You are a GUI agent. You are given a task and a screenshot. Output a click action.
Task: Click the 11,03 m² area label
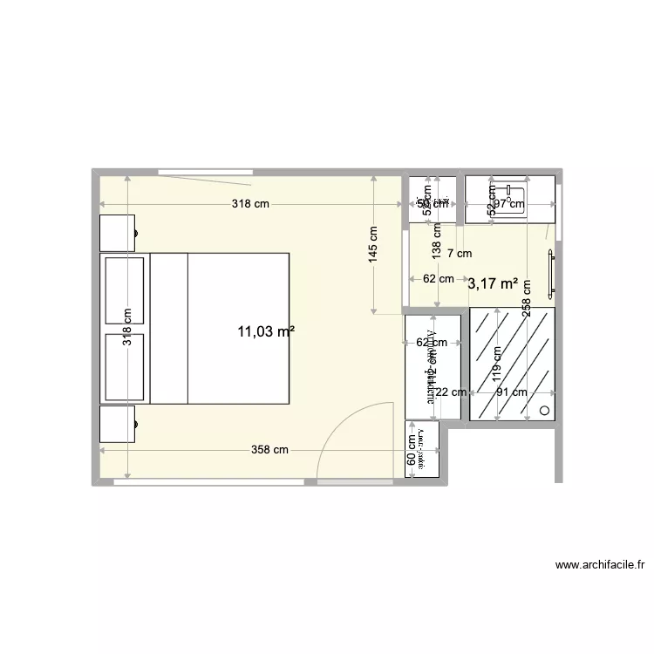tap(266, 331)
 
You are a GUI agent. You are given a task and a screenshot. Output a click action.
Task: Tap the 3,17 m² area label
tap(493, 283)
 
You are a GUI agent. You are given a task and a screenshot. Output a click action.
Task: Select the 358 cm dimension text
tap(269, 450)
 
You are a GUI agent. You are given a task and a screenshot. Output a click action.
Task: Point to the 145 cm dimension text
tap(373, 245)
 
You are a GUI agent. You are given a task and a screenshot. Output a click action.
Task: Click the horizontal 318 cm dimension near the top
tap(250, 204)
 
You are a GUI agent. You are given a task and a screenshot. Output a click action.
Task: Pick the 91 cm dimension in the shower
tap(512, 392)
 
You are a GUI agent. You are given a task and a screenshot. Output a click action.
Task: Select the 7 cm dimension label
tap(459, 254)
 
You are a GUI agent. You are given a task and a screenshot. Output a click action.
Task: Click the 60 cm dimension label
tap(412, 450)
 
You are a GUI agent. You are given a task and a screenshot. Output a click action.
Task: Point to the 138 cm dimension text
tap(437, 241)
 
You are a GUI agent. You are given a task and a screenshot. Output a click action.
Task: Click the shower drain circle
tap(546, 410)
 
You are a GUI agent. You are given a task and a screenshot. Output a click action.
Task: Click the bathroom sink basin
tap(508, 200)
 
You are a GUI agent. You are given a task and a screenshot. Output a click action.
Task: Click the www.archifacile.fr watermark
tap(600, 565)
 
